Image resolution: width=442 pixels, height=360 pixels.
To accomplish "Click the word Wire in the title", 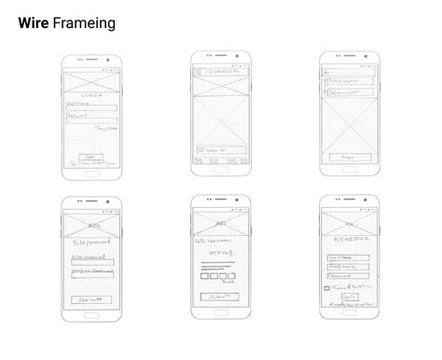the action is pos(34,23).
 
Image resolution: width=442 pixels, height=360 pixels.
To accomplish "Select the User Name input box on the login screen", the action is pos(91,109).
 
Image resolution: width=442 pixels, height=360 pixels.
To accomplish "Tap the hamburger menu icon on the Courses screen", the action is pos(199,72).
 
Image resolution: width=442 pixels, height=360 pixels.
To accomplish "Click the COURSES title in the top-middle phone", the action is pos(225,72).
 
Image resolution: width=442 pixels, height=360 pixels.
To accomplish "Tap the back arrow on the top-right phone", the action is pos(325,72).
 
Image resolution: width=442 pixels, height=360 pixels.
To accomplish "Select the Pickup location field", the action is pos(351,82).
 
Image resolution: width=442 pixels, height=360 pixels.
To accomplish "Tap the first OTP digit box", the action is pos(204,276).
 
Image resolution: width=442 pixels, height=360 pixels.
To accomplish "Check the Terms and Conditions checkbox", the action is pos(326,288).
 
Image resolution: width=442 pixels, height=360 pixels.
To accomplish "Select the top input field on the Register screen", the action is pos(348,257).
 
